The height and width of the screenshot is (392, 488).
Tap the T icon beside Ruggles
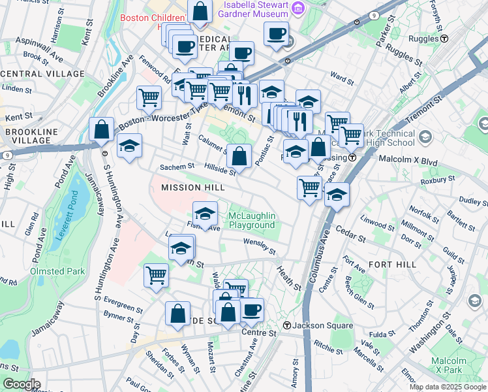point(444,39)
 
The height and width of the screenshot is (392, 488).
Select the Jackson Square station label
point(314,326)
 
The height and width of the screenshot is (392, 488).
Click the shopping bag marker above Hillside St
point(240,157)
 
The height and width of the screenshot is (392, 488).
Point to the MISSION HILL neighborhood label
point(192,188)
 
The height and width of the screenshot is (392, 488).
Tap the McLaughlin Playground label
point(252,221)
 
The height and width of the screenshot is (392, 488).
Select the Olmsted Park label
point(49,270)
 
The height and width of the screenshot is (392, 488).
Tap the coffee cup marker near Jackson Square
point(252,310)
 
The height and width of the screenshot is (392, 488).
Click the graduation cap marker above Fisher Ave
point(205,214)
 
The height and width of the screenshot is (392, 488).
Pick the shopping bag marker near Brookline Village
point(102,129)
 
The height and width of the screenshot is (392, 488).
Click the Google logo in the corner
point(21,384)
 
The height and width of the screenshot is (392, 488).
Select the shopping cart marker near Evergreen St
point(157,275)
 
